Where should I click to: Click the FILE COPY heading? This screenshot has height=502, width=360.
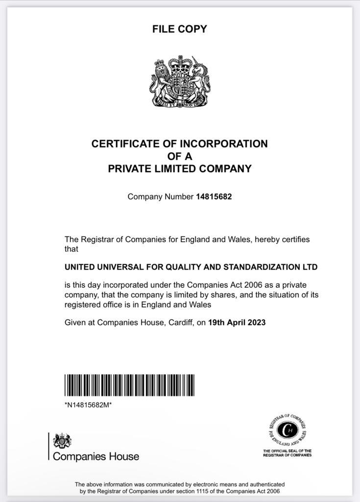(179, 29)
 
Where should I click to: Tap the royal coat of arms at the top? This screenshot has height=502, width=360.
(179, 81)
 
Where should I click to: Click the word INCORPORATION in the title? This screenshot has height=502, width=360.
(224, 144)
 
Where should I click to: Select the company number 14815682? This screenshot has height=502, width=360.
(214, 197)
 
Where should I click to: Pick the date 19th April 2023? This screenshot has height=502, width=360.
(237, 323)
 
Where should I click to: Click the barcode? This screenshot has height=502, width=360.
(129, 385)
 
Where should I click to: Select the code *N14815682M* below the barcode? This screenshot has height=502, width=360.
(88, 405)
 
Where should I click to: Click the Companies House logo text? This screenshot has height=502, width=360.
(96, 456)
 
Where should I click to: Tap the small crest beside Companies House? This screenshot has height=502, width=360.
(62, 440)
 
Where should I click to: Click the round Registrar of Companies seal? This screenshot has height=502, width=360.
(287, 430)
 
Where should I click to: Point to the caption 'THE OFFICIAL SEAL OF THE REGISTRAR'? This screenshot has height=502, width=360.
(287, 452)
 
